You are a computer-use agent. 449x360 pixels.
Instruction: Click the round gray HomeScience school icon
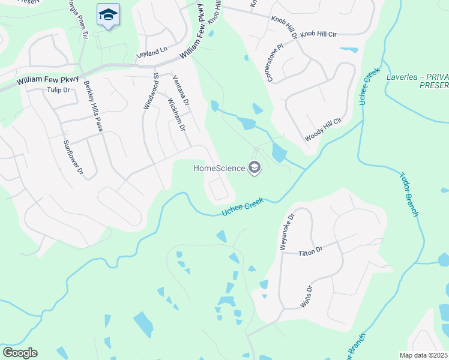(x=255, y=168)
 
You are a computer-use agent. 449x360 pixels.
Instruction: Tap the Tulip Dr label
(x=58, y=90)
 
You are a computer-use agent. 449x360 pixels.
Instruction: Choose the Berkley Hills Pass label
(x=94, y=109)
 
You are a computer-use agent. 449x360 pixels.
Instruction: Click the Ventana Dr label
(x=181, y=88)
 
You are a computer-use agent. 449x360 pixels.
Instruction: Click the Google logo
(x=20, y=353)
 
